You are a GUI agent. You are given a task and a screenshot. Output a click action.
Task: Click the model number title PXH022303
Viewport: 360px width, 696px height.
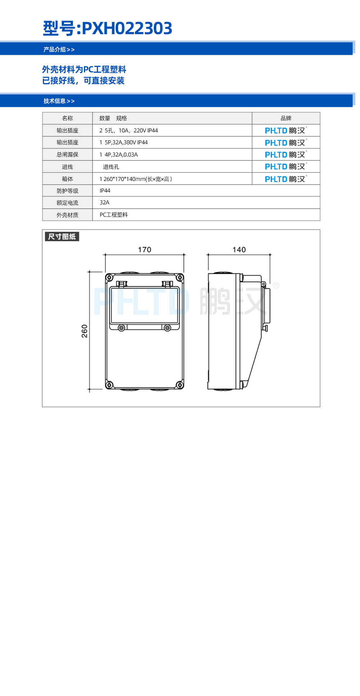127,28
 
